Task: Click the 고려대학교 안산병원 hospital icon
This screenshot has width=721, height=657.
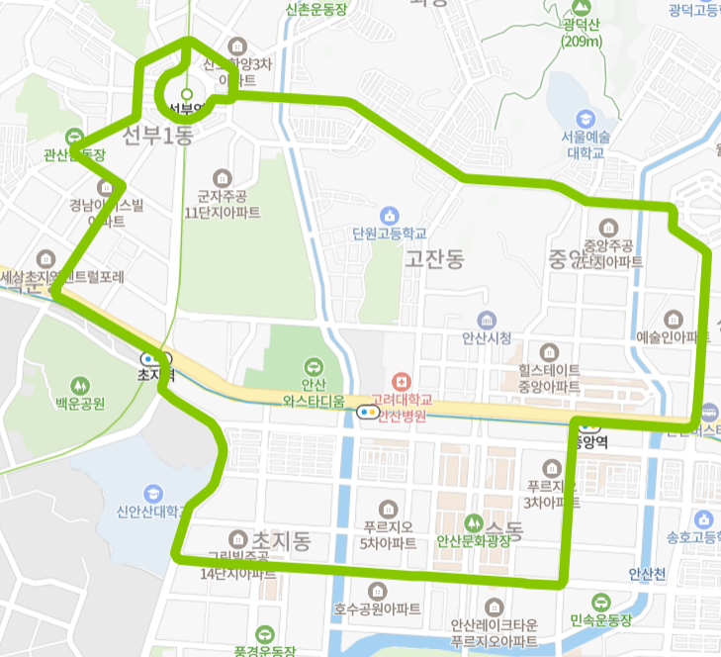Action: coord(401,381)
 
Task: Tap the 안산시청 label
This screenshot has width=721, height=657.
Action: coord(487,337)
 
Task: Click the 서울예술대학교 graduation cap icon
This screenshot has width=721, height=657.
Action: coord(586,118)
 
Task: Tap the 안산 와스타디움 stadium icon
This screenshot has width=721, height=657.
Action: coord(314,366)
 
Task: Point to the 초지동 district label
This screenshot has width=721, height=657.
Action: coord(282,540)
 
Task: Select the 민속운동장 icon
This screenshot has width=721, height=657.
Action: coord(601,602)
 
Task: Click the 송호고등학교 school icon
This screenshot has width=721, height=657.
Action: coord(703,519)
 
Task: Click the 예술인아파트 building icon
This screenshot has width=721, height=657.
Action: coord(674,319)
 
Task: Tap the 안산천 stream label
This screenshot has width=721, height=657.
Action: coord(648,574)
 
